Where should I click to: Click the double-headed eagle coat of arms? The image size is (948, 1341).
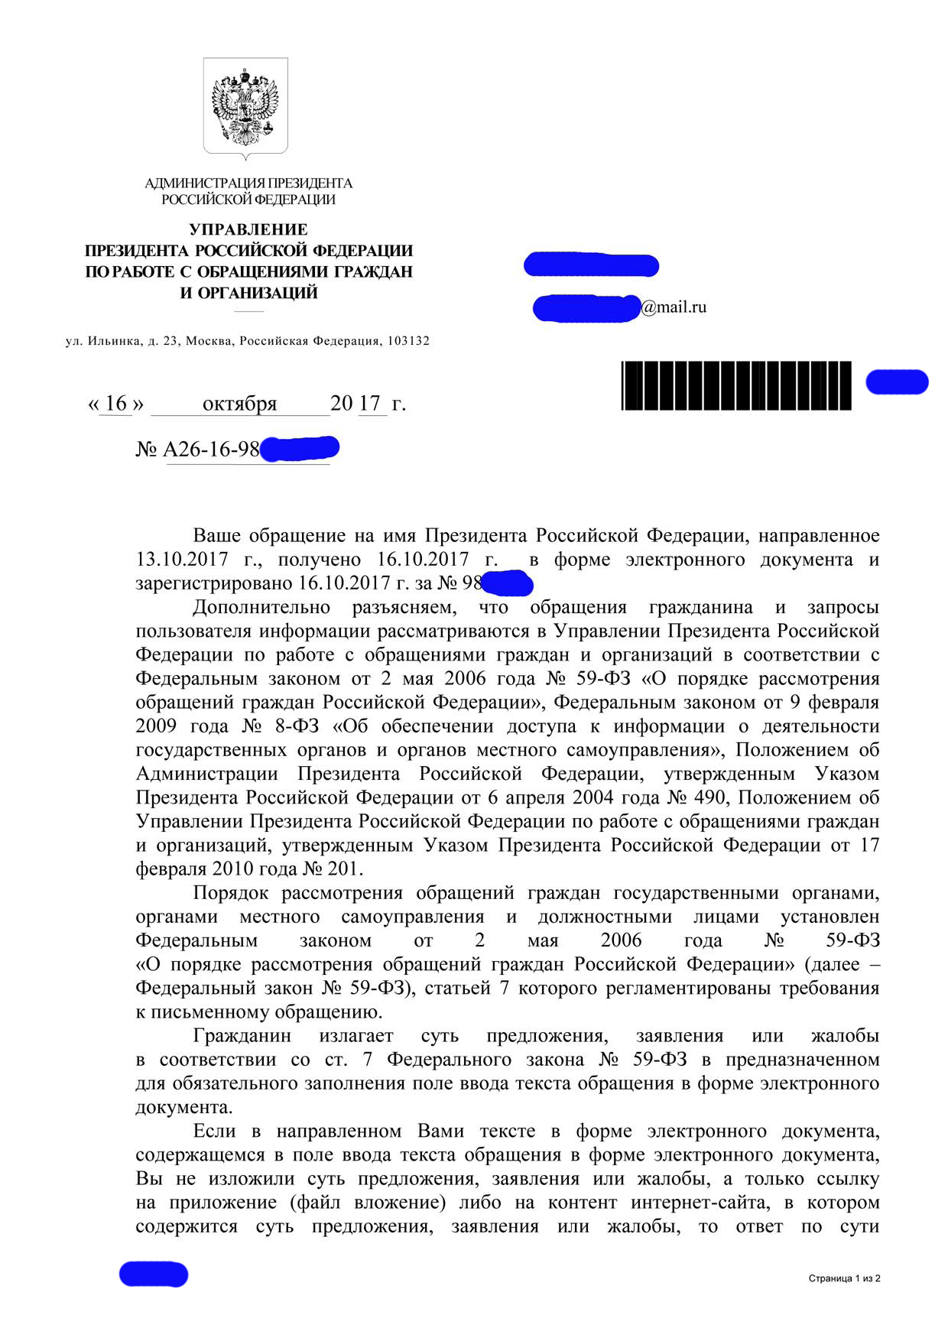pos(245,107)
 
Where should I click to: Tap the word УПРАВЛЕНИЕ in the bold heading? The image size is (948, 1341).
pos(248,229)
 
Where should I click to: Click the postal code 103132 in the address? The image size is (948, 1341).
pos(408,341)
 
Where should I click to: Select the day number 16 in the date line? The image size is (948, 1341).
pos(116,403)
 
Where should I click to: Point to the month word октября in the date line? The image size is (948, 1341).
pos(239,404)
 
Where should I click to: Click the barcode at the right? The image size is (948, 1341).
pos(736,385)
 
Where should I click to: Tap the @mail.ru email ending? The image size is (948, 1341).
pos(674,307)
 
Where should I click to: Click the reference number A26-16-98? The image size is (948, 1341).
pos(212,450)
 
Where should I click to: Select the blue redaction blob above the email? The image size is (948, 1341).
pos(591,265)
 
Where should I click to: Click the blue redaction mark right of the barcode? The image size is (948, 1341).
pos(897,382)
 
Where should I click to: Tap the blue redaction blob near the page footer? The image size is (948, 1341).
pos(153,1274)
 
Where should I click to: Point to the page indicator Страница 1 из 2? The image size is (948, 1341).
pos(844,1278)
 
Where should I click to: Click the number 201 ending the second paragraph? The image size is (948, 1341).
pos(345,869)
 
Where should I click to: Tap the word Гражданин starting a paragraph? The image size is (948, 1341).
pos(242,1036)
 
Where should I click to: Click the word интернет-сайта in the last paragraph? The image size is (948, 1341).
pos(699,1203)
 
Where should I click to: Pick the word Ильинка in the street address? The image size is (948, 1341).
pos(114,341)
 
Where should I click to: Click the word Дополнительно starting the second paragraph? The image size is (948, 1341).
pos(261,608)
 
